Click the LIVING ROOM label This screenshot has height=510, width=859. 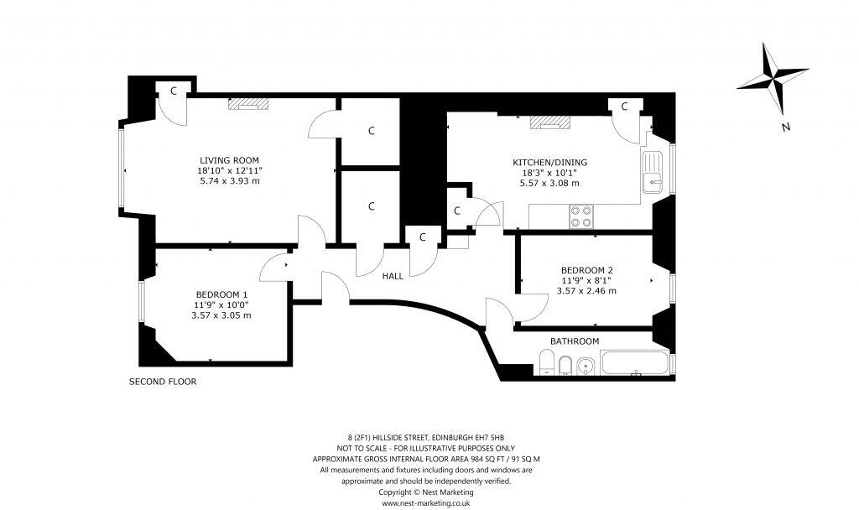point(229,160)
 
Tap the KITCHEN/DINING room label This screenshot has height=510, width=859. point(550,162)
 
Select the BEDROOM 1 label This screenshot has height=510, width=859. point(221,294)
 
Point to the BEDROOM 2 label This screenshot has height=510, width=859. point(586,269)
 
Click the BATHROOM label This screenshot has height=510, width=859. point(575,341)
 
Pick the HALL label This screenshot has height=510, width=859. point(393,276)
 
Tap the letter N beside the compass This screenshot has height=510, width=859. point(786,128)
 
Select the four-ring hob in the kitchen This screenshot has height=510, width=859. point(580,216)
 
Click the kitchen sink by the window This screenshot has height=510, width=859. point(653,173)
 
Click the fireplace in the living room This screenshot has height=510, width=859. point(249,104)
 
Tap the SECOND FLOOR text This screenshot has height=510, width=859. point(162,382)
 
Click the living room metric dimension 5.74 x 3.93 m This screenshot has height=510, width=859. point(229,181)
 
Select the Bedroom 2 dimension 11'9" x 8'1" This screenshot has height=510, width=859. point(586,280)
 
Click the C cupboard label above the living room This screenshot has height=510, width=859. point(173,91)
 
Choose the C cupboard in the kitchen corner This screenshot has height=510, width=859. point(625,106)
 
